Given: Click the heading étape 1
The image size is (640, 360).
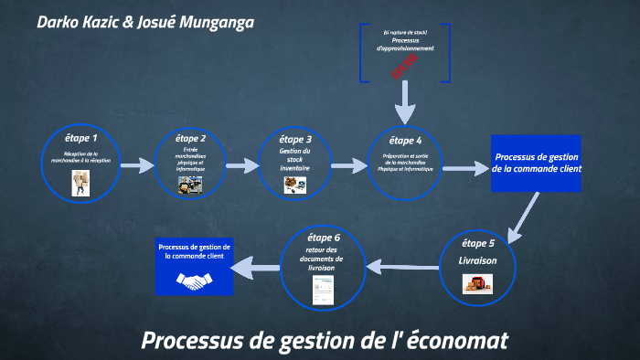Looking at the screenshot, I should [81, 139].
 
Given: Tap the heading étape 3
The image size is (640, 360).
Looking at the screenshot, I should [295, 139].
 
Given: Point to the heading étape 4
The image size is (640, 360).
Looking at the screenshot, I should [405, 140].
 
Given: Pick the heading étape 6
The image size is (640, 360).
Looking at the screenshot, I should [324, 238].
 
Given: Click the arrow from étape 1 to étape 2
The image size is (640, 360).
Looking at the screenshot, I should [136, 166].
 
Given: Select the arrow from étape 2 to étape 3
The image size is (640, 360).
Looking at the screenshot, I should [242, 166].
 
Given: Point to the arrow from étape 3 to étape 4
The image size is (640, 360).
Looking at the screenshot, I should [348, 166].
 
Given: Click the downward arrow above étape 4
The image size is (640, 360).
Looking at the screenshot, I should [405, 101].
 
